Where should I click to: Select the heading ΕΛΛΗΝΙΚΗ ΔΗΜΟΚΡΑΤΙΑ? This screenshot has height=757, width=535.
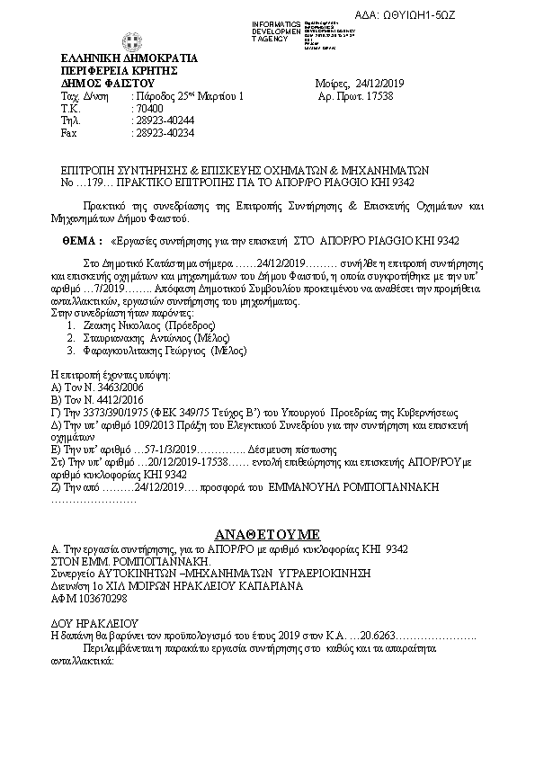[x=117, y=59]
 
